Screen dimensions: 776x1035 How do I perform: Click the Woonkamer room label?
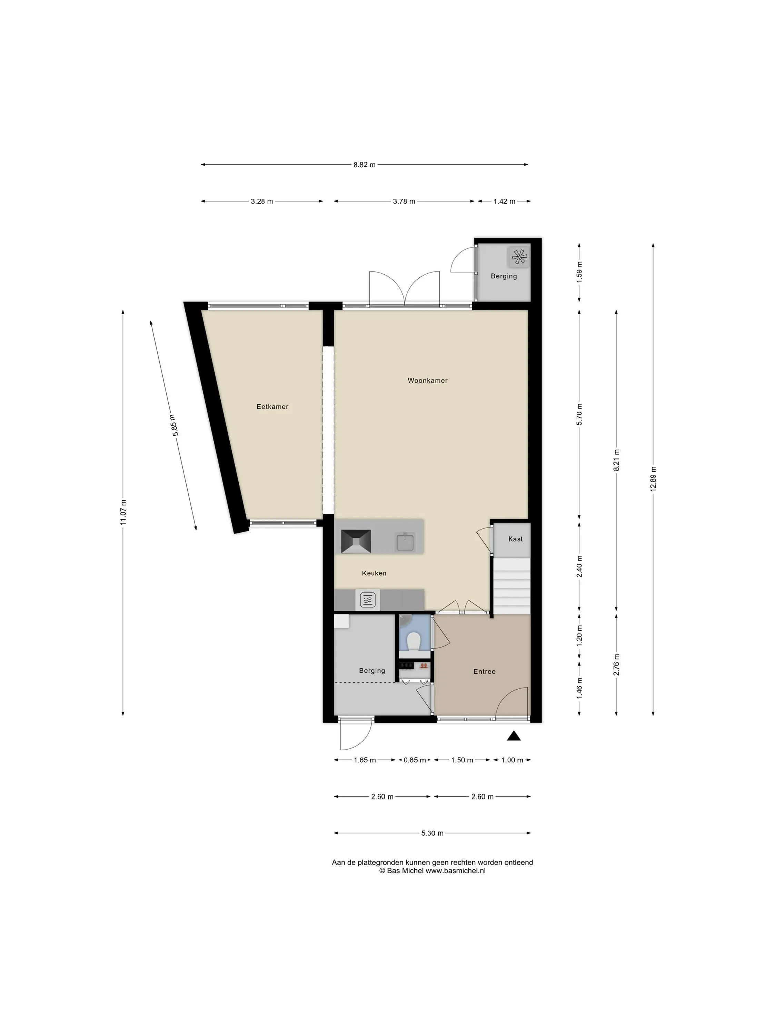pyautogui.click(x=427, y=381)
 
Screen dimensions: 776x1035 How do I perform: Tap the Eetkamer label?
pyautogui.click(x=272, y=407)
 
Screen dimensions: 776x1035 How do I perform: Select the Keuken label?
pyautogui.click(x=374, y=573)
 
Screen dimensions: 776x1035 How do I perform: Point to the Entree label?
pyautogui.click(x=484, y=671)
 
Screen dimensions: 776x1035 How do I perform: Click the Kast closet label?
pyautogui.click(x=516, y=539)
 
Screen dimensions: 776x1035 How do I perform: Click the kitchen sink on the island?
pyautogui.click(x=405, y=542)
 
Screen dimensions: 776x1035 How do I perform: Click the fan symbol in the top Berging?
pyautogui.click(x=519, y=257)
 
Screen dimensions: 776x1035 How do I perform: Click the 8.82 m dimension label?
pyautogui.click(x=365, y=165)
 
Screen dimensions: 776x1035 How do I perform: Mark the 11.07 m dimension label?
pyautogui.click(x=123, y=512)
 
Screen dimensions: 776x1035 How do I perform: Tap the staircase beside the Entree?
pyautogui.click(x=512, y=586)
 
